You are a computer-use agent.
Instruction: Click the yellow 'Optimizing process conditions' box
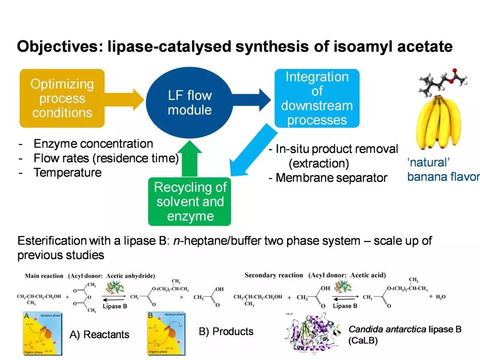62,98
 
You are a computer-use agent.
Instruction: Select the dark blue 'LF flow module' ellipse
190,102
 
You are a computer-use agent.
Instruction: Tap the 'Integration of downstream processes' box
316,98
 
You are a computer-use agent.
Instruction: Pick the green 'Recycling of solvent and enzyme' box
190,202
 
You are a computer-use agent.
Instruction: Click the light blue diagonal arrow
251,151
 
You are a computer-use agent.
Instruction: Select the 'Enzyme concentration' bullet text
93,144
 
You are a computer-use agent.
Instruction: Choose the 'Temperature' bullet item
67,172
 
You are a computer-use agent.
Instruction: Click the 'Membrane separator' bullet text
331,178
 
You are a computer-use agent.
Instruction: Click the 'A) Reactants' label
99,334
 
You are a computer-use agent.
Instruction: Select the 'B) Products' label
226,332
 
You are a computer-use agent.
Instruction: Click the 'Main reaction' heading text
44,276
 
